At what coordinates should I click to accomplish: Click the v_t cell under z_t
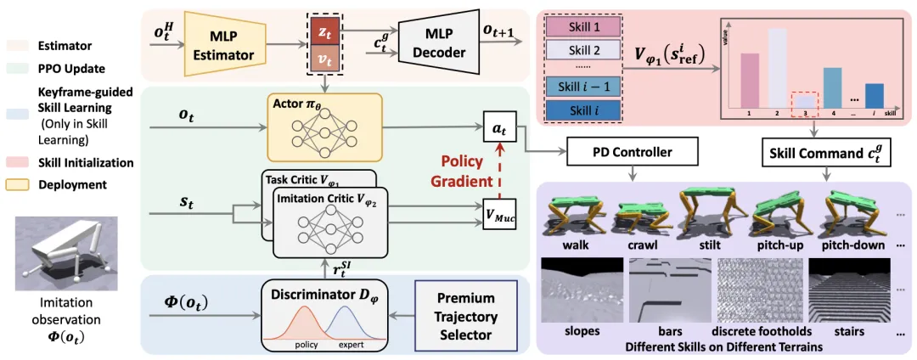click(321, 59)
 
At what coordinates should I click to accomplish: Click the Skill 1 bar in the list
click(583, 26)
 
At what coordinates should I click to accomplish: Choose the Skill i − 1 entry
click(583, 87)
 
